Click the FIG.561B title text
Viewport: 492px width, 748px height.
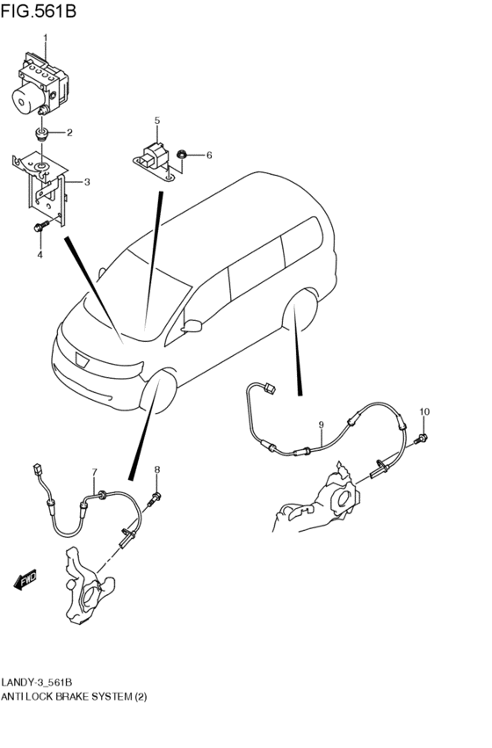coord(38,11)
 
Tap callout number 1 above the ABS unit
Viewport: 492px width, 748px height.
coord(46,37)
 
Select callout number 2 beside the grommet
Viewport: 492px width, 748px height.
coord(69,133)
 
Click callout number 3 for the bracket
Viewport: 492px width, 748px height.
coord(87,182)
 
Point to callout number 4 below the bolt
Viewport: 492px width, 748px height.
coord(40,255)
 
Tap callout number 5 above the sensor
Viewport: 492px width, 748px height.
coord(157,120)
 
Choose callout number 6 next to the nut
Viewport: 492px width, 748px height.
coord(209,155)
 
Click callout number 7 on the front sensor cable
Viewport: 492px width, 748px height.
coord(94,472)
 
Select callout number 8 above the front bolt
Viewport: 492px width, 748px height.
coord(157,470)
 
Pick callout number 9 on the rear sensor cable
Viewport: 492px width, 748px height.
coord(322,425)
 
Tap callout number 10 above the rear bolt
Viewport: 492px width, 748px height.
coord(424,411)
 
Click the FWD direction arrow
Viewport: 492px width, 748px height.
coord(25,579)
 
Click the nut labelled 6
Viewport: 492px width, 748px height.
coord(181,154)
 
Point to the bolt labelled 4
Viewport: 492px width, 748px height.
coord(41,226)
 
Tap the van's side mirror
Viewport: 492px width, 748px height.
coord(192,326)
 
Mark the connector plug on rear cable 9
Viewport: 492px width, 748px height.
coord(270,389)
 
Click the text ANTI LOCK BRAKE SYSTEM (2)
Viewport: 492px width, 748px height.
coord(74,696)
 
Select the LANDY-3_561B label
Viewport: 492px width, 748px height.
coord(37,682)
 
